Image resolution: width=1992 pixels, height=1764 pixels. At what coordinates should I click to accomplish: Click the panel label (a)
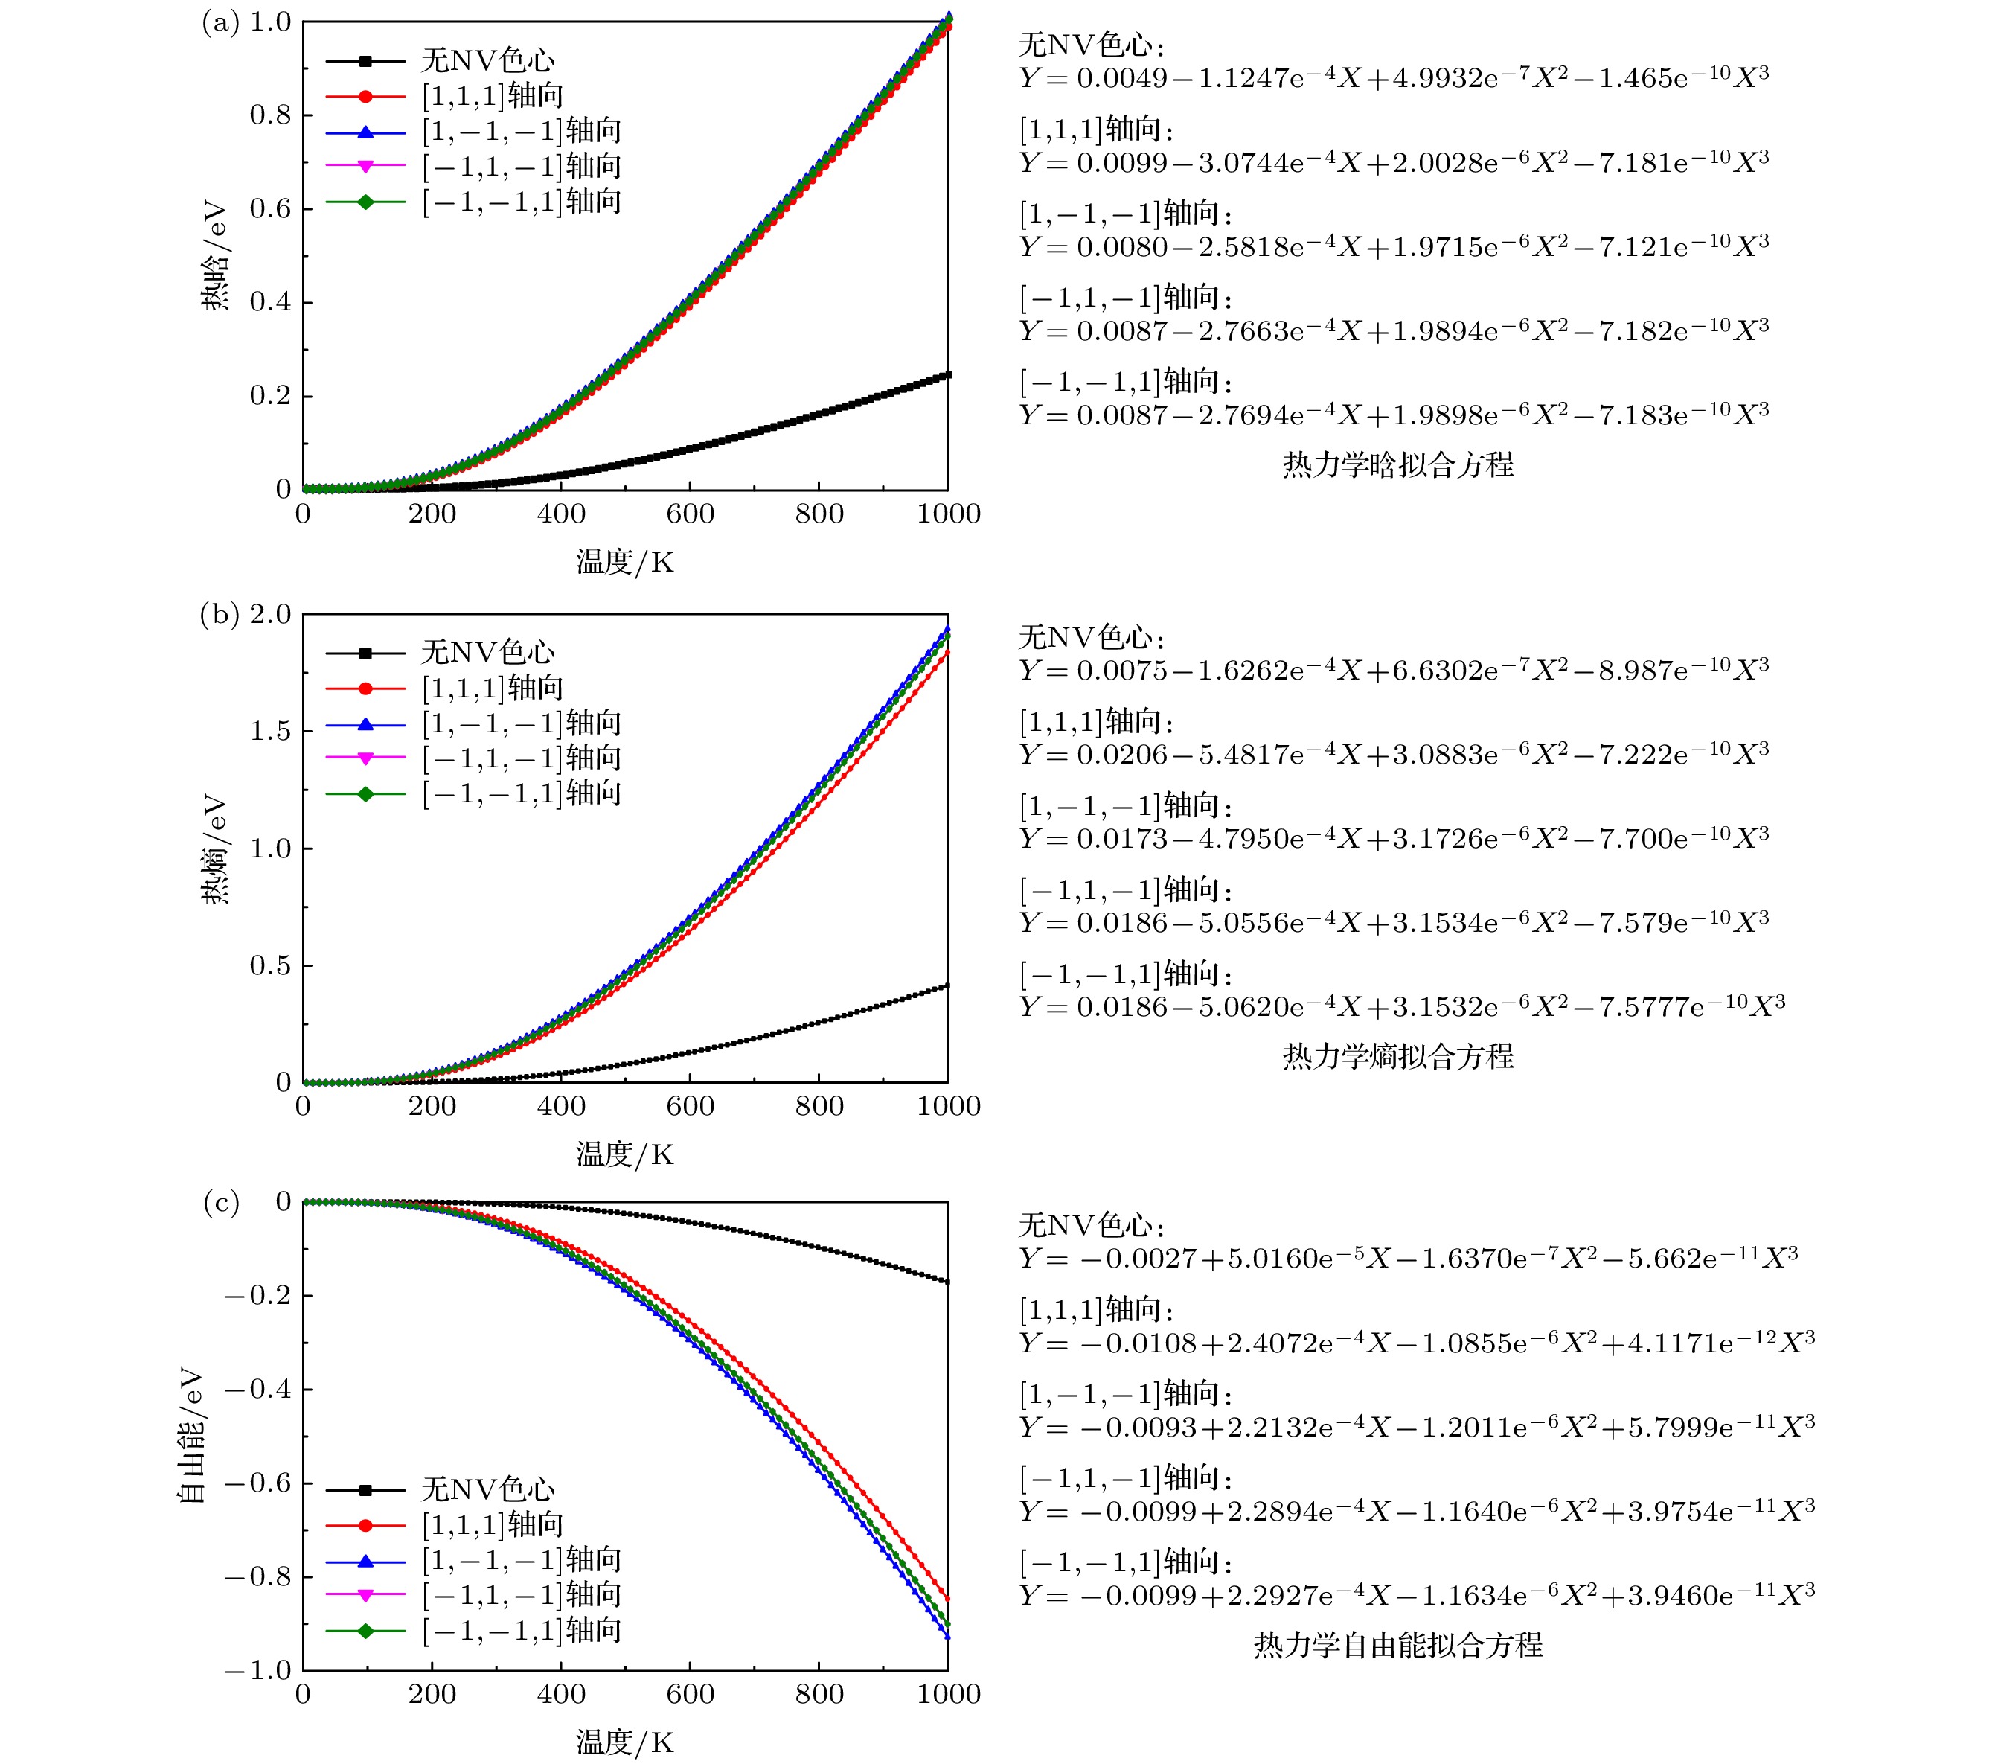tap(220, 22)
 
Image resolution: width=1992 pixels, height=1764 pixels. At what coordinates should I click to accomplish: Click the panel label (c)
tap(220, 1204)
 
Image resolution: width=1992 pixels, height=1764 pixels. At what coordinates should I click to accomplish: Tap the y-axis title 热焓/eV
tap(215, 256)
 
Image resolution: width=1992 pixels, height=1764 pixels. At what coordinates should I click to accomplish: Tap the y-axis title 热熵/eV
tap(215, 849)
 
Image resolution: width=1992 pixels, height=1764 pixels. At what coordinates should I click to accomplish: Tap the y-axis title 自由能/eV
tap(191, 1436)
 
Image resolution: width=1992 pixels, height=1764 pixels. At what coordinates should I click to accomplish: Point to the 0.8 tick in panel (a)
tap(270, 115)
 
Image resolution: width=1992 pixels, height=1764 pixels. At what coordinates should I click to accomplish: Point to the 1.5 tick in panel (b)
tap(270, 732)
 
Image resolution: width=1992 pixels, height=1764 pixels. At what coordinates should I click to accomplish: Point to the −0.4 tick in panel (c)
tap(257, 1390)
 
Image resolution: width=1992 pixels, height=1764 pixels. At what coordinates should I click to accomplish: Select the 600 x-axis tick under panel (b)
tap(690, 1106)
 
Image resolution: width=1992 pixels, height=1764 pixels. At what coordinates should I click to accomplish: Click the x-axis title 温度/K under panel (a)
tap(625, 563)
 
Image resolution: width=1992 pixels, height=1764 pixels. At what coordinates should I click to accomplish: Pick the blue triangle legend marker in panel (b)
tap(365, 724)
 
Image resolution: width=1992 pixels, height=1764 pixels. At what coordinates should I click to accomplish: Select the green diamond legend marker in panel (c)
tap(365, 1632)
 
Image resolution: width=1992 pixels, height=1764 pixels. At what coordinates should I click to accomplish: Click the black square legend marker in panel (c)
tap(365, 1490)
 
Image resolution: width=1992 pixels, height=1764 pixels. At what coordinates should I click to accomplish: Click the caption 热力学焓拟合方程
tap(1397, 465)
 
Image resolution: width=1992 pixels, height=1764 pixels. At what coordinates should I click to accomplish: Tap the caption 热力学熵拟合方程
tap(1397, 1056)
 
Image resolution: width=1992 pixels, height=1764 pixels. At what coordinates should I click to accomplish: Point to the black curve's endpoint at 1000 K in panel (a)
tap(947, 374)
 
